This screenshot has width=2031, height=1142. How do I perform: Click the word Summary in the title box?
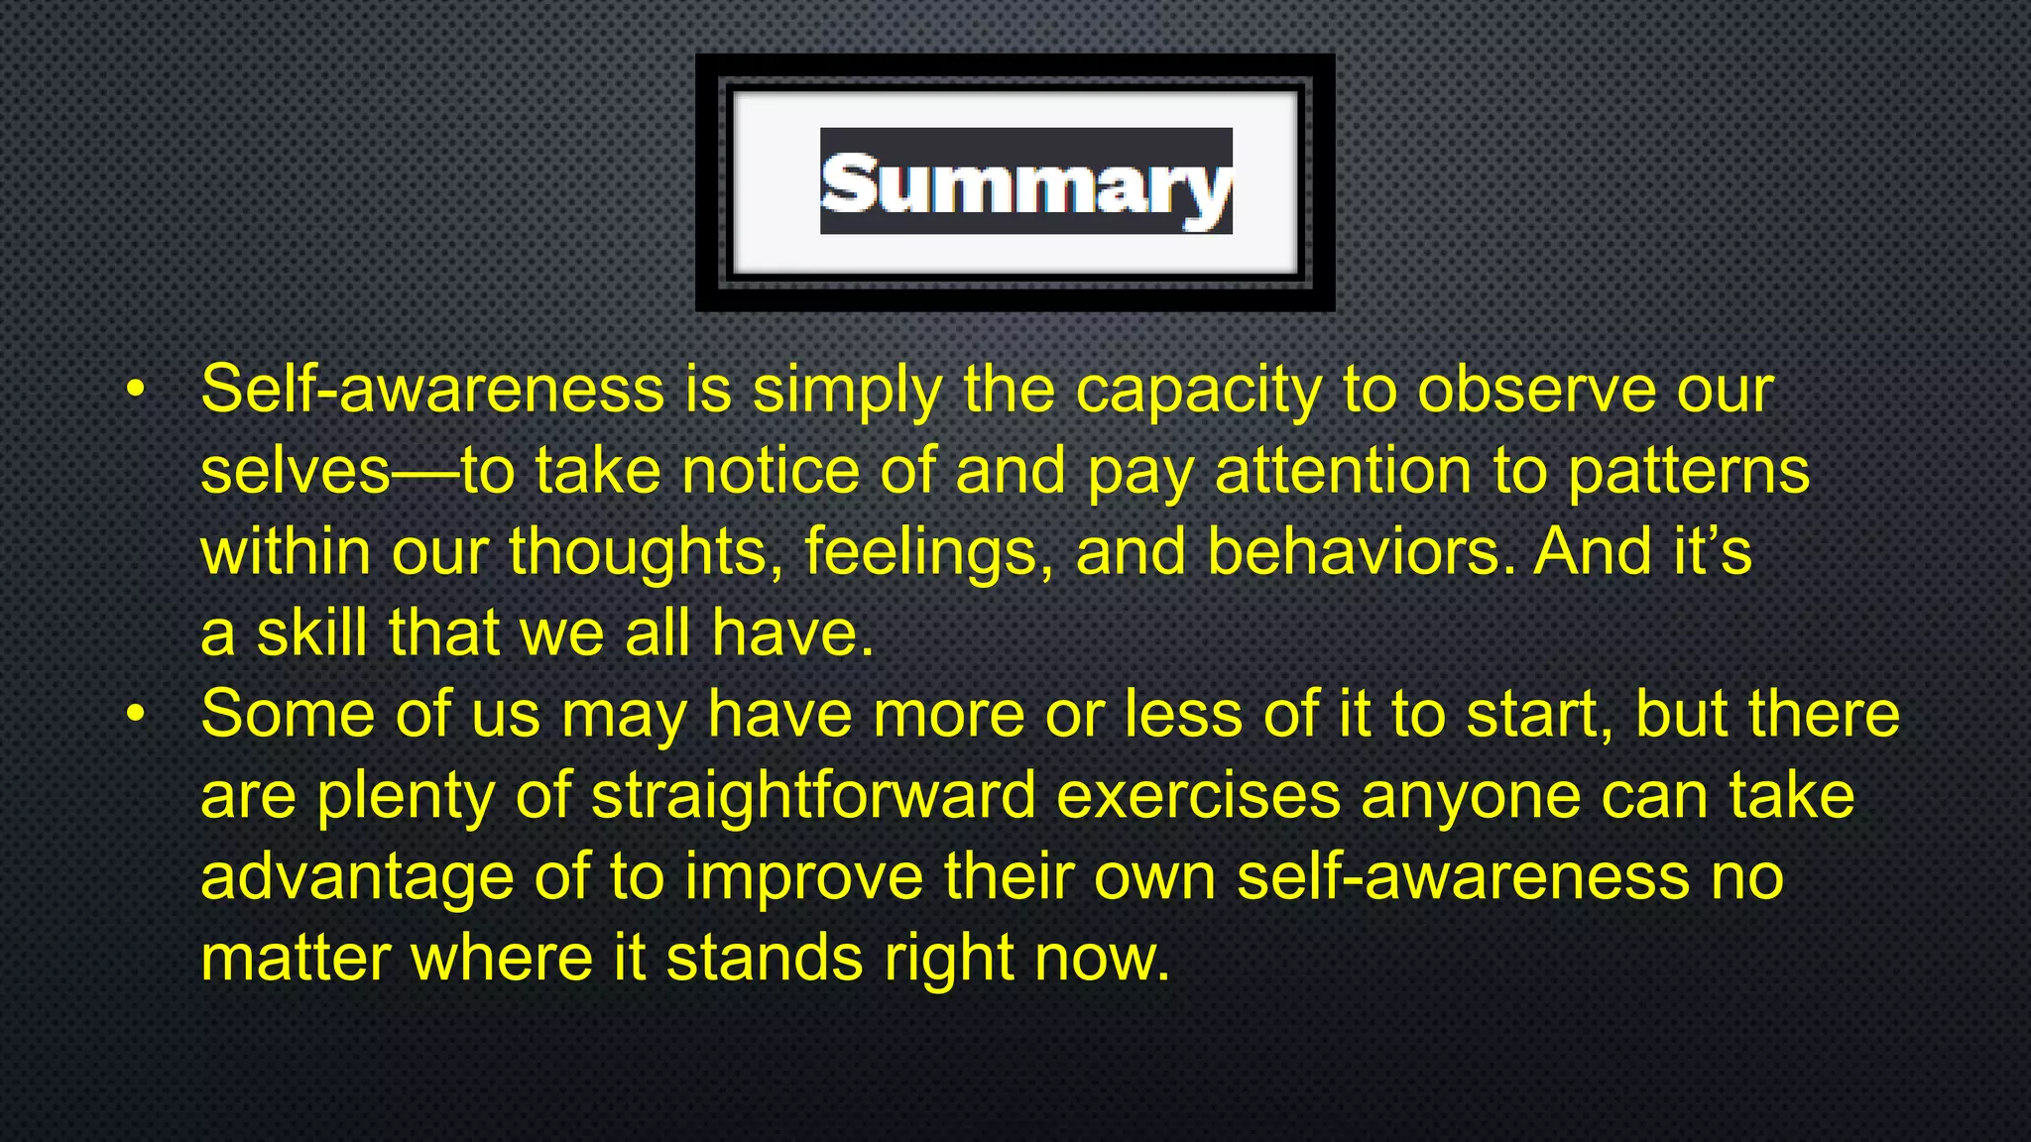[x=1026, y=183]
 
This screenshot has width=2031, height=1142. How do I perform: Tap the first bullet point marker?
[x=136, y=390]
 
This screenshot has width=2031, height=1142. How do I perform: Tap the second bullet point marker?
[x=136, y=714]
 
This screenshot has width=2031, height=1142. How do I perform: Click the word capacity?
[x=1199, y=392]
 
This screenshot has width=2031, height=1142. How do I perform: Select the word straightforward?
[x=813, y=797]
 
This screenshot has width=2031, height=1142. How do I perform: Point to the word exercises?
[x=1198, y=797]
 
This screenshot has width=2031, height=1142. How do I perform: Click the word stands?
[x=765, y=960]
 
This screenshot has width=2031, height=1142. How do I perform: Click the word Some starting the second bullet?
[x=288, y=714]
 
